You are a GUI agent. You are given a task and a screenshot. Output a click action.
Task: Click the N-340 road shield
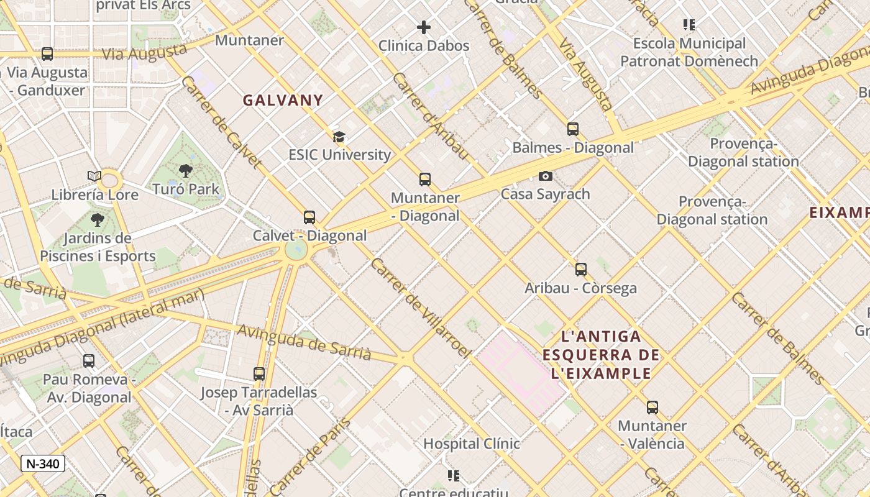(x=43, y=463)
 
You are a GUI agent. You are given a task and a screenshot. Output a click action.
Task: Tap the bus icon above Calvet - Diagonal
(x=309, y=217)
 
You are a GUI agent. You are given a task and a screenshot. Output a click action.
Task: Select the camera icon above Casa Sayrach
(x=546, y=176)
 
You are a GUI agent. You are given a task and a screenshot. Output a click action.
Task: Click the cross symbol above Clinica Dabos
(x=424, y=27)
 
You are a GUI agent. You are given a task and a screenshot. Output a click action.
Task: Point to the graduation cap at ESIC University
(x=339, y=137)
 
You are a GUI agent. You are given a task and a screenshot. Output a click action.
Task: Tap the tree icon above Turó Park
(x=185, y=171)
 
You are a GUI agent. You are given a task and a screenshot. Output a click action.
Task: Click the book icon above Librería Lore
(x=94, y=176)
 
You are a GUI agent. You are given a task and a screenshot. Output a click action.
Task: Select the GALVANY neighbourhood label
(x=283, y=100)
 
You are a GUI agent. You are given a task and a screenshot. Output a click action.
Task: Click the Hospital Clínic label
(x=471, y=444)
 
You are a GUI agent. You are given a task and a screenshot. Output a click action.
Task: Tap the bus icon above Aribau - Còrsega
(x=581, y=270)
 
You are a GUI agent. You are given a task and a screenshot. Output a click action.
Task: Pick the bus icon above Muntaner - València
(x=652, y=408)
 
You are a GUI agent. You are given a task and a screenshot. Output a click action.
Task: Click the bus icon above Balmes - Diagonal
(x=573, y=129)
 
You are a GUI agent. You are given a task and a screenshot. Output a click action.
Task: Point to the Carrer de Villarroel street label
(x=421, y=308)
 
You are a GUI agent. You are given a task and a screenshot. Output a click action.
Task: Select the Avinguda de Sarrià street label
(x=304, y=342)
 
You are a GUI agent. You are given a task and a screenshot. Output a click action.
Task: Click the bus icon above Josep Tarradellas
(x=259, y=374)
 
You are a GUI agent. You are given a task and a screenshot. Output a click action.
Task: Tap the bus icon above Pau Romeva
(x=89, y=360)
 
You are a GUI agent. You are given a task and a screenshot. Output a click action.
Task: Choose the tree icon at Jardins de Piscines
(x=97, y=219)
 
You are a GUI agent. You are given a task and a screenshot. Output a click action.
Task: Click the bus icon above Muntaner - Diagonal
(x=425, y=180)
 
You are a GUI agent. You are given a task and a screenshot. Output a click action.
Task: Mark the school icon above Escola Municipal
(x=689, y=25)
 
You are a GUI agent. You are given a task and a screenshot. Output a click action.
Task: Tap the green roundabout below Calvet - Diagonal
(x=296, y=250)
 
